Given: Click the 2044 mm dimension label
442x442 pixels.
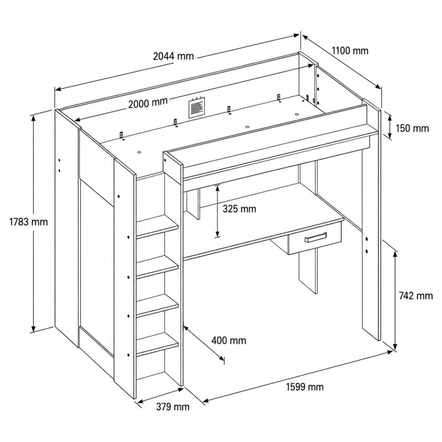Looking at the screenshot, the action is [x=173, y=56].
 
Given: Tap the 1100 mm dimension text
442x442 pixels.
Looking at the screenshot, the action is [x=350, y=51].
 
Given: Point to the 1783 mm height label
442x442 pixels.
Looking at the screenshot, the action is [x=28, y=222].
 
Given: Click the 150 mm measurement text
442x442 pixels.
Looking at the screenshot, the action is [x=412, y=128].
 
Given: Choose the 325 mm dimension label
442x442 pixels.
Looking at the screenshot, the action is [x=239, y=209].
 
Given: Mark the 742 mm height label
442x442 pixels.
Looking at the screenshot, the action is [x=416, y=296].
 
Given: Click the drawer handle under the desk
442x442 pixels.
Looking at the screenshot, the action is [x=315, y=237].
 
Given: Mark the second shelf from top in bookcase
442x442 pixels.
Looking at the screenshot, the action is [x=157, y=267].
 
